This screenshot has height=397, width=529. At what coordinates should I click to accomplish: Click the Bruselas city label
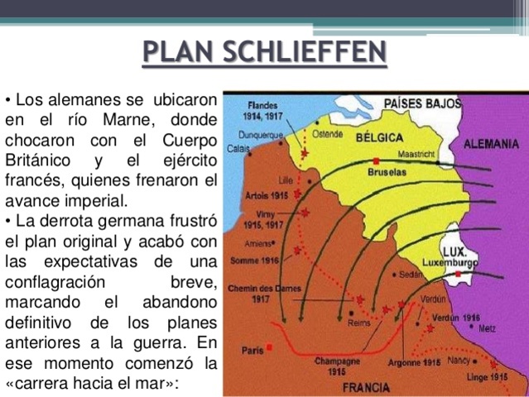coord(387,172)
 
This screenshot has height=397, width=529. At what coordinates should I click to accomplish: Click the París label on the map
coord(252,350)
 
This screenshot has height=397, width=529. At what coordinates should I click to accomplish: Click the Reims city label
coord(360,323)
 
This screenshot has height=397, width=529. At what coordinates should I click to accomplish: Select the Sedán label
coord(410,274)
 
